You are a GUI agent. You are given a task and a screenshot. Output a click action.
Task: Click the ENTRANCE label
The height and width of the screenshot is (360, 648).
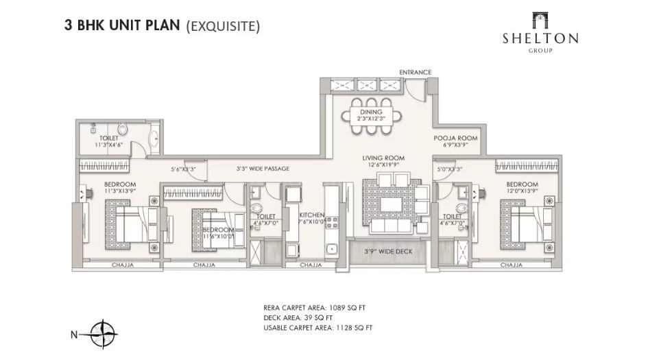tap(416, 72)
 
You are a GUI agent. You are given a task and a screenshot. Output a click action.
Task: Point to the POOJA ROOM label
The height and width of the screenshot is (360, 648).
tap(455, 138)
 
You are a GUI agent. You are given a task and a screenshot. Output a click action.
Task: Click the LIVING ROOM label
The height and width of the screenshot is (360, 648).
tap(383, 158)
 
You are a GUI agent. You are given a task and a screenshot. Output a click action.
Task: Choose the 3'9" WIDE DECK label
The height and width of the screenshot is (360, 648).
tap(387, 252)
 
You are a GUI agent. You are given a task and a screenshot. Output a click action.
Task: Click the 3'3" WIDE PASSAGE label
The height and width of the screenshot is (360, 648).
tap(262, 168)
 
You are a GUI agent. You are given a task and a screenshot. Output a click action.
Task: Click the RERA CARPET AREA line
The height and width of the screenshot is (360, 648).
tap(317, 307)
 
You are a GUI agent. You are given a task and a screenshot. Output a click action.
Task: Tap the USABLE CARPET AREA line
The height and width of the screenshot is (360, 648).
tap(317, 328)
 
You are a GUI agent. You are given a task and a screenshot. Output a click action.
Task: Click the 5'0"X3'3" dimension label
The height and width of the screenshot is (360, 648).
tap(450, 167)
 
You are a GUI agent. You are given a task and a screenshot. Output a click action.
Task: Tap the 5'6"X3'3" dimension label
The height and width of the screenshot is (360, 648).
tap(183, 168)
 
